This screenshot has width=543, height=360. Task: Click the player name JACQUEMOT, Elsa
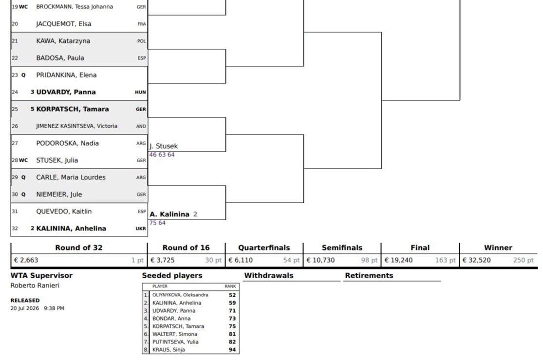point(64,24)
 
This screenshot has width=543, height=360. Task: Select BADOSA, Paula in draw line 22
point(60,58)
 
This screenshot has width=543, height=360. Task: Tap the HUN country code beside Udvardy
point(140,92)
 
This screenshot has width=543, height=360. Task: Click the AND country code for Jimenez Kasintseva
point(141,126)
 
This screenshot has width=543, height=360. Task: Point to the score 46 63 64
point(162,154)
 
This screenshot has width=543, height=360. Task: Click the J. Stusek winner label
point(164,146)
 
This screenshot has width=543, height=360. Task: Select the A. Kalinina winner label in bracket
point(169,214)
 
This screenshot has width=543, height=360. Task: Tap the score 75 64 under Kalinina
point(157,223)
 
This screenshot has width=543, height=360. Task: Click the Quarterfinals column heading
point(264,248)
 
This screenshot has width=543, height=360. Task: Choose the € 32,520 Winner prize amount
point(476,260)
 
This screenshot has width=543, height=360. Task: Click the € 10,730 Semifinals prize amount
point(320,260)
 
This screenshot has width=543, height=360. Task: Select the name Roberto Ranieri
point(35,285)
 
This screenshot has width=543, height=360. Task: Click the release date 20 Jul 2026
point(24,308)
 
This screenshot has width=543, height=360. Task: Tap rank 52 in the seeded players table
point(232,295)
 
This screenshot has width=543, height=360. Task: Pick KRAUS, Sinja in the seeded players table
point(169,350)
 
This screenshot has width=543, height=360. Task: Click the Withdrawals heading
point(269,275)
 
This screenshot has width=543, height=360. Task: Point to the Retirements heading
point(369,275)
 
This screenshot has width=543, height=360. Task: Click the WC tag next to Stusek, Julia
point(23,160)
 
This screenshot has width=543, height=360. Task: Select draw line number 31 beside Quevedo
point(15,211)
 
